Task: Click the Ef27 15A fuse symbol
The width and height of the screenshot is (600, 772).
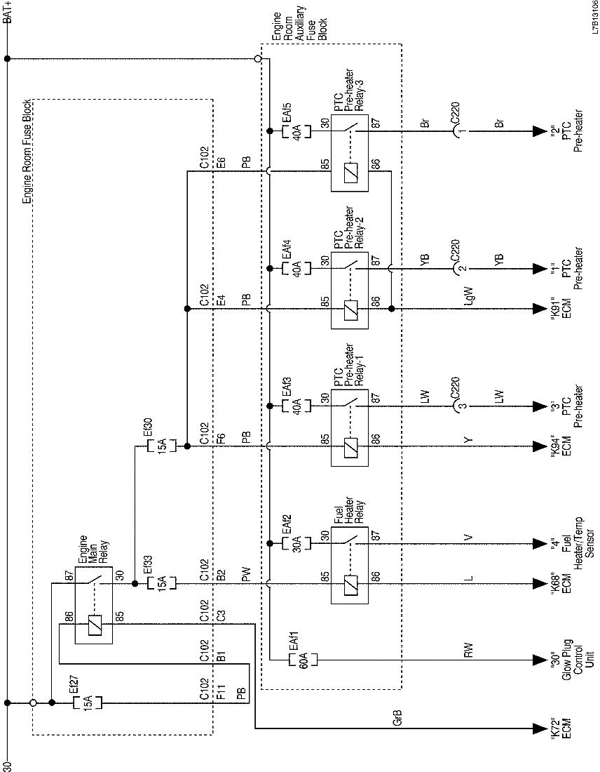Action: (x=88, y=702)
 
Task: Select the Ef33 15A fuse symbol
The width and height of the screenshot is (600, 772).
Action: (x=161, y=583)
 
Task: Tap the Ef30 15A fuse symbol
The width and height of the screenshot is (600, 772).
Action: (x=161, y=446)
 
